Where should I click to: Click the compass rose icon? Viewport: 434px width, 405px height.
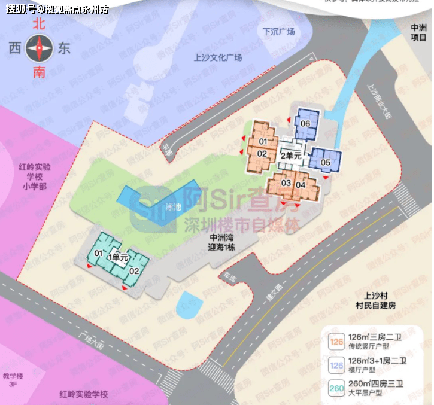[40, 47]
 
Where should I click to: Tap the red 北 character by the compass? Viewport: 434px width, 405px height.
[40, 25]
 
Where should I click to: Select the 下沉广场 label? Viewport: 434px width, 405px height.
[279, 31]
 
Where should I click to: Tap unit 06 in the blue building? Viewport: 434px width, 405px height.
[305, 124]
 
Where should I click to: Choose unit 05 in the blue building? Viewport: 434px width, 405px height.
[326, 162]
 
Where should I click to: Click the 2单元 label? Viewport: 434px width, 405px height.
[290, 156]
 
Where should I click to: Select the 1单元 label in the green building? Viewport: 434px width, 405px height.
[117, 257]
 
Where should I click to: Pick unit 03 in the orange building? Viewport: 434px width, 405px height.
[286, 183]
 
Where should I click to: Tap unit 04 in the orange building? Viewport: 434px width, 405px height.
[301, 184]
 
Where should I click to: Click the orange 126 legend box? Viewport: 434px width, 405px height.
[333, 343]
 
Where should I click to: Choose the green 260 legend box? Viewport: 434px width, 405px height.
[333, 389]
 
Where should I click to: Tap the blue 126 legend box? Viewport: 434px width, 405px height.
[333, 366]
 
